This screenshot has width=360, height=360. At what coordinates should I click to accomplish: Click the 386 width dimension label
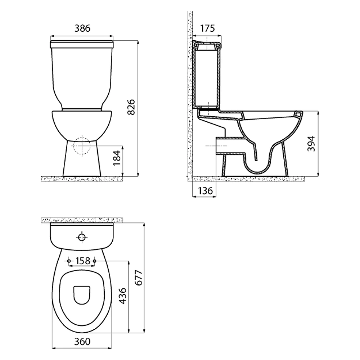(82, 28)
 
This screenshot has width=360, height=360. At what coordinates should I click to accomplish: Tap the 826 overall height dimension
(131, 107)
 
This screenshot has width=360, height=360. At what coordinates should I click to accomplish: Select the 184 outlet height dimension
(117, 158)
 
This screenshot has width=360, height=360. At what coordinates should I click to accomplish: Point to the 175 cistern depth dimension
(207, 28)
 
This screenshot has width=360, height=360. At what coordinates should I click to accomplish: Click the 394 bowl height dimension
(311, 144)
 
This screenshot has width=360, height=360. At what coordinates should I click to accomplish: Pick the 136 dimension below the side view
(205, 190)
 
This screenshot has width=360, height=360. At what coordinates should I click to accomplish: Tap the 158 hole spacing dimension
(83, 261)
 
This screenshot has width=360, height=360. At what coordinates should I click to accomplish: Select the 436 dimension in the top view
(123, 296)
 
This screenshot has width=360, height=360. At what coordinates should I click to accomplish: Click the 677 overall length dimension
(139, 278)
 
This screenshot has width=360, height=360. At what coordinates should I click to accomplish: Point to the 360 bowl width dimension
(82, 342)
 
